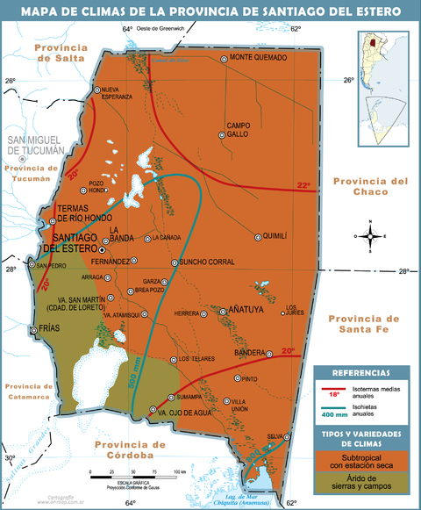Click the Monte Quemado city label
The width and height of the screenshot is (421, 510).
[259, 58]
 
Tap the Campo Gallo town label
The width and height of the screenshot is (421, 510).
[239, 129]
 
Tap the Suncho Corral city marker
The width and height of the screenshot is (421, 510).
[175, 262]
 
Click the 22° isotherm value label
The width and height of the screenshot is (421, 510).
[303, 185]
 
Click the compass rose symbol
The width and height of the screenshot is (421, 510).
[371, 235]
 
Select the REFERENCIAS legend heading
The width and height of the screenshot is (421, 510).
[361, 373]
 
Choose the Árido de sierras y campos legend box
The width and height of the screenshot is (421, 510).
[361, 484]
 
